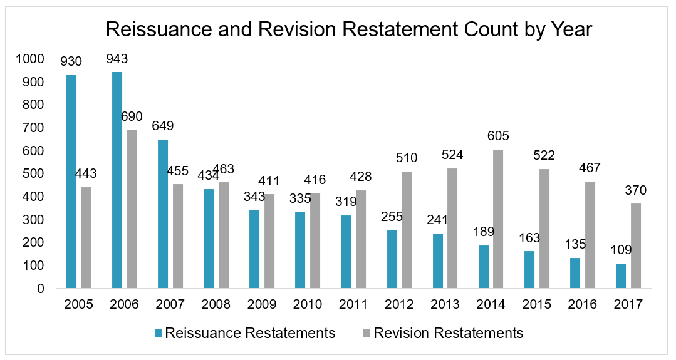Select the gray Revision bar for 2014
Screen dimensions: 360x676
coord(498,219)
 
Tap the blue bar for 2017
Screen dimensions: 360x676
coord(620,276)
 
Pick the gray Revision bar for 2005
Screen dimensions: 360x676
coord(86,238)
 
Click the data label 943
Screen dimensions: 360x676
coord(117,59)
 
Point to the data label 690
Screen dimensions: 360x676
coord(132,117)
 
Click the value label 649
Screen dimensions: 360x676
coord(163,126)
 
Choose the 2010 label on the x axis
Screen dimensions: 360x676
coord(308,304)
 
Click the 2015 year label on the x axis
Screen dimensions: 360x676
coord(536,304)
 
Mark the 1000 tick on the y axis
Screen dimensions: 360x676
coord(31,59)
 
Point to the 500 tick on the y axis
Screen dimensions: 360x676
coord(34,174)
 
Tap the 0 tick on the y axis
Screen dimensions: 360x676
coord(40,289)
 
